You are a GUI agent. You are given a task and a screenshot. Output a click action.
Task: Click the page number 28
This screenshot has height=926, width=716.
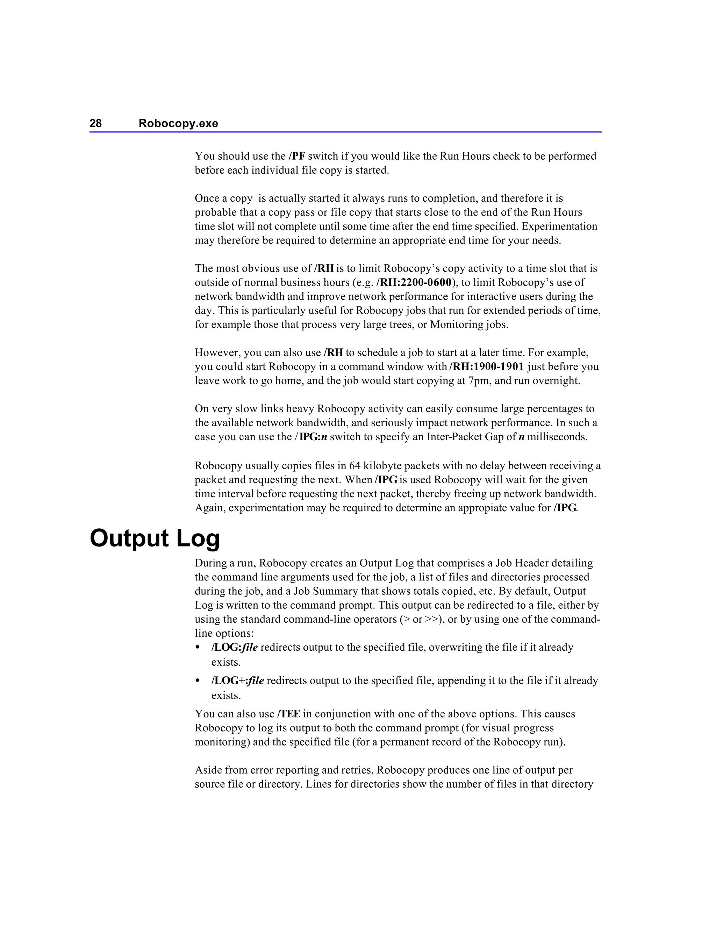[x=95, y=123]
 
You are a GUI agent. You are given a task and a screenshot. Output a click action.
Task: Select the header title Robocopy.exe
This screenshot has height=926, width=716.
[x=178, y=123]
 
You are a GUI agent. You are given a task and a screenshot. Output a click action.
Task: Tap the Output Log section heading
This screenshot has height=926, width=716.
[x=155, y=538]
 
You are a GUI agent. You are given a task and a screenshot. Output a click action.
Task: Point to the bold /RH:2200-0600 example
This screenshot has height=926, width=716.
[x=414, y=282]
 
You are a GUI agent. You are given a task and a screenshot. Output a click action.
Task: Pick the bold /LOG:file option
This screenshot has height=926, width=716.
[x=235, y=648]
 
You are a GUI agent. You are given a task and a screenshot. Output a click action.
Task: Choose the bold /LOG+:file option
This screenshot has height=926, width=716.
[x=237, y=680]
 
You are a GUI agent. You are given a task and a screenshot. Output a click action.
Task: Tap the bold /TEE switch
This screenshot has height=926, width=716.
[x=289, y=714]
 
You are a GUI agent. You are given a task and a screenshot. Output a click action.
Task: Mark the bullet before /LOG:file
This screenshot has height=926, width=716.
[x=197, y=648]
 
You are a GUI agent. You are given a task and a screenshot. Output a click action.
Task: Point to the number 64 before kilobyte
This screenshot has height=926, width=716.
[x=355, y=465]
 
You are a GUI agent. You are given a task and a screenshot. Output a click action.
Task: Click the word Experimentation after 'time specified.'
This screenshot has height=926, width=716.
[x=559, y=226]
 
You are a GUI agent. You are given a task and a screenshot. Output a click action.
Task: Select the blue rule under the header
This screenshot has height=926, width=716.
[x=345, y=132]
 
